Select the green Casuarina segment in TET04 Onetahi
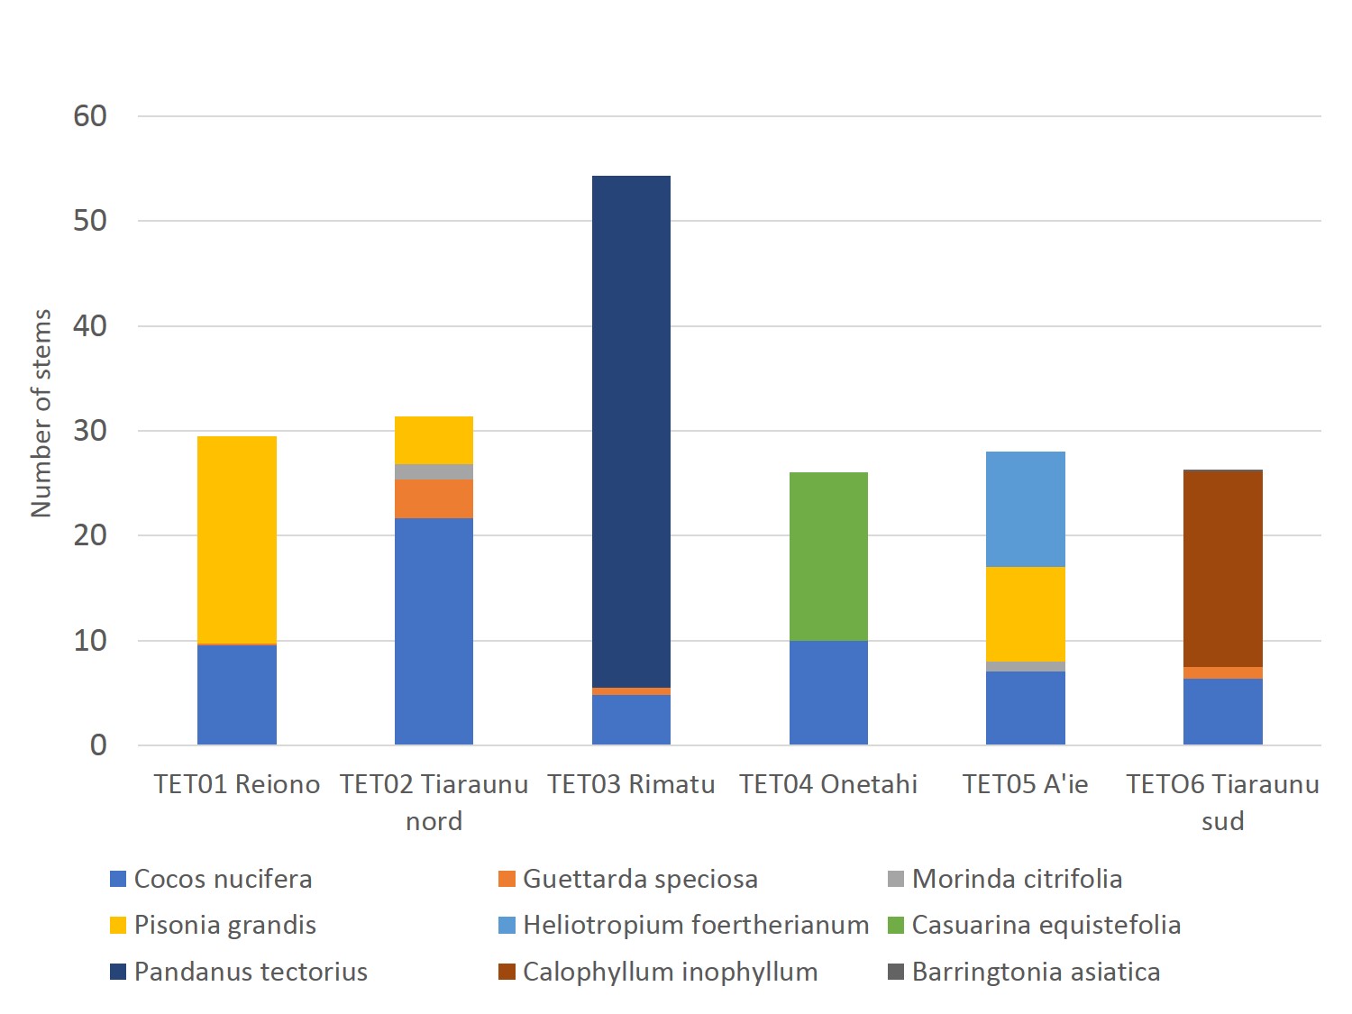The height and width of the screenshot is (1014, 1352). [x=828, y=556]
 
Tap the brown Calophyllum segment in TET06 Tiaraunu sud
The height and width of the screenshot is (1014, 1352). [x=1222, y=569]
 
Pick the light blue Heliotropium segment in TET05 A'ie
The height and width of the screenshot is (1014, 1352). [x=1025, y=509]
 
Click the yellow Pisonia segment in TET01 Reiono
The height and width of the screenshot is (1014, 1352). [x=237, y=540]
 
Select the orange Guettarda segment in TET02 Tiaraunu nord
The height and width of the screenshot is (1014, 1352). [x=434, y=498]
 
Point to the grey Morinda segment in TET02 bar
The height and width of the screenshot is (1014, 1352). [x=434, y=471]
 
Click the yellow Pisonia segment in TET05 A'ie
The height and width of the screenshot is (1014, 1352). [x=1025, y=614]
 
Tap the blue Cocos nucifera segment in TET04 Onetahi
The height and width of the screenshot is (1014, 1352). [x=828, y=692]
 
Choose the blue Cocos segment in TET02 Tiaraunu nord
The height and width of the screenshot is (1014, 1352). [x=434, y=631]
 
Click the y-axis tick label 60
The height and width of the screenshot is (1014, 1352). [x=90, y=116]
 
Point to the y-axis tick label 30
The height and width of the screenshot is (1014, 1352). [x=90, y=431]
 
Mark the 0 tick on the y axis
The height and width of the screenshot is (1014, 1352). [x=98, y=745]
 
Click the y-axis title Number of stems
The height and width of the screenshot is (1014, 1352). [x=41, y=413]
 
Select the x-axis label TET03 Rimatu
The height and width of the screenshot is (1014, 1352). [x=631, y=784]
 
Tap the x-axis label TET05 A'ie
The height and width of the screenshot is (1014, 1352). [x=1025, y=784]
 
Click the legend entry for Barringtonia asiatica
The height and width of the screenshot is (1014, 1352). [x=1035, y=972]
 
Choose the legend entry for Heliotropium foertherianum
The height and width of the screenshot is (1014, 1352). [x=695, y=925]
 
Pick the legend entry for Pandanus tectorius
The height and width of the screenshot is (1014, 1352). [x=250, y=972]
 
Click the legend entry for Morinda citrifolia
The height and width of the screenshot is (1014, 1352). [x=1016, y=879]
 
